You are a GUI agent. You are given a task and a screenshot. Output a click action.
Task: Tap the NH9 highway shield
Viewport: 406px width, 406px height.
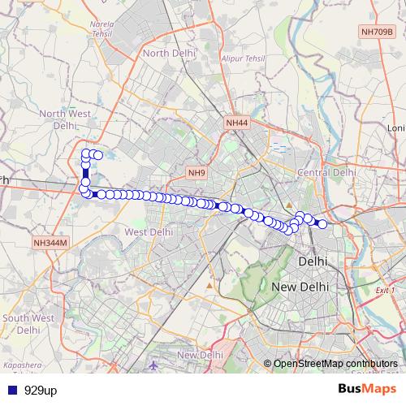197,173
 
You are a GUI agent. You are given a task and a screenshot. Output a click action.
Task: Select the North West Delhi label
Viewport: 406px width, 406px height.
64,120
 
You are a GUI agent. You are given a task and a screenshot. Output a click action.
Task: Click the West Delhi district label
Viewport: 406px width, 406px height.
149,232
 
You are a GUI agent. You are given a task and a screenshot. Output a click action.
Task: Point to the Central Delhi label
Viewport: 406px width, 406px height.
327,172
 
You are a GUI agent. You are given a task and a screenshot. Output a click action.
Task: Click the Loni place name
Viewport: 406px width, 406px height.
395,128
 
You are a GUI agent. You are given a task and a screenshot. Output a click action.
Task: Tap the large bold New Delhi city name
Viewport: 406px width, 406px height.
300,287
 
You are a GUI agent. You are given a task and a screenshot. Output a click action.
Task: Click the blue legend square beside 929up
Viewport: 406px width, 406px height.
11,390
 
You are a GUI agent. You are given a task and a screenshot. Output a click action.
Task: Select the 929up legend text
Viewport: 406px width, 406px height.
40,390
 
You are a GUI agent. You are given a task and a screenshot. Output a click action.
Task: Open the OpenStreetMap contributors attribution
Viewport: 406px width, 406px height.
335,363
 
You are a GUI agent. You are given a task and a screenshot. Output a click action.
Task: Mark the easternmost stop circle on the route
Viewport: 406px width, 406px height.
322,224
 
